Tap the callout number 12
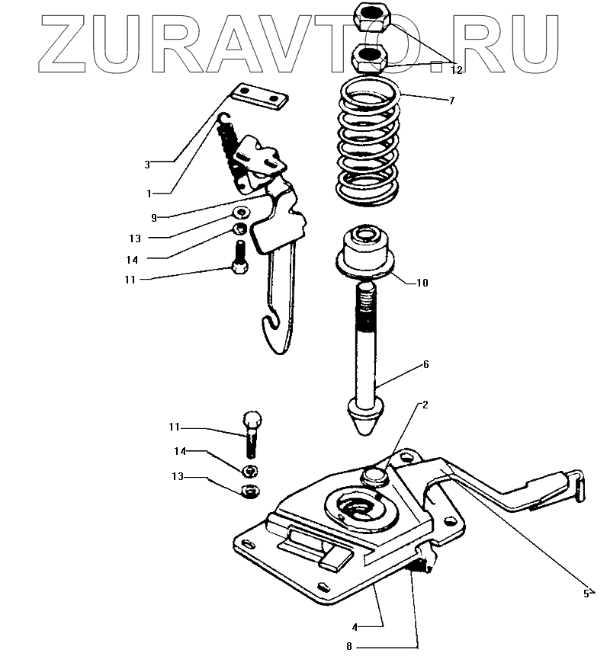(x=456, y=70)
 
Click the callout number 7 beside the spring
(x=451, y=101)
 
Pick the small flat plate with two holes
(x=258, y=95)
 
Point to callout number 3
(x=148, y=163)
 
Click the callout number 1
(x=149, y=194)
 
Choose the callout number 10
(x=422, y=283)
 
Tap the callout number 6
(x=425, y=364)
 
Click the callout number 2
(x=425, y=405)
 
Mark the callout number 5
(x=586, y=593)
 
